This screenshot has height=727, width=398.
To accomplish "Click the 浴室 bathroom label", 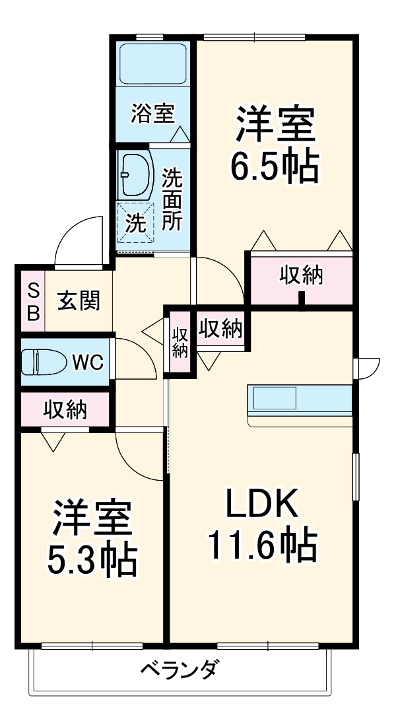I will click(152, 114).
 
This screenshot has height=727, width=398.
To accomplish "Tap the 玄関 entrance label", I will click(79, 301).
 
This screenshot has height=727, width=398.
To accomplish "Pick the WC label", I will click(87, 362).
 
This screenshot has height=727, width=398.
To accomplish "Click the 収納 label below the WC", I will click(65, 410).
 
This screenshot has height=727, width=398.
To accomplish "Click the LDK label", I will click(263, 505).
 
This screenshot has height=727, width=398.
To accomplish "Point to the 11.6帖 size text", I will click(263, 545).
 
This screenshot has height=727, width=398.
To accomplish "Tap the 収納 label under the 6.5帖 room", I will click(300, 275).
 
